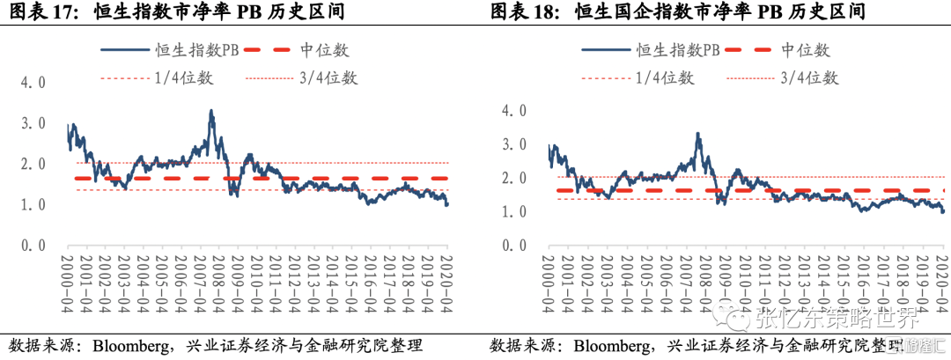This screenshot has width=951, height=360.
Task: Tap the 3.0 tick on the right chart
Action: [512, 144]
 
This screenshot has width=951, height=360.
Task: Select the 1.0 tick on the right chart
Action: [512, 212]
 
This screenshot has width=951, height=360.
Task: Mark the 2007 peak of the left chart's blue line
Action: [211, 112]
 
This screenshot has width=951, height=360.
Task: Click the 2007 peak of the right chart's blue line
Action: [698, 134]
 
